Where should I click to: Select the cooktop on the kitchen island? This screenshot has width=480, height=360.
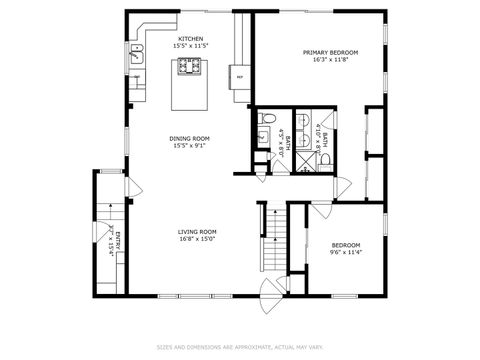189,67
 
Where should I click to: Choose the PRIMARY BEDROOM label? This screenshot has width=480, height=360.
330,52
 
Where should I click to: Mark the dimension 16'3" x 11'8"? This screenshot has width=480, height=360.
330,60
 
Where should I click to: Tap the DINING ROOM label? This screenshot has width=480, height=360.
189,138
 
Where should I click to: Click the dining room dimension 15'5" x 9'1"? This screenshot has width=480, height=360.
189,147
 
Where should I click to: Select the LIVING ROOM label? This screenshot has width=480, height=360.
198,231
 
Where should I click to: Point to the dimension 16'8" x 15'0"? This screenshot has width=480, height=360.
198,239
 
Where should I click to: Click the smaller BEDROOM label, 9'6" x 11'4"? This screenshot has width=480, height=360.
346,245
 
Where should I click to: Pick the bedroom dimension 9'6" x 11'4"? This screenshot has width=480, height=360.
346,253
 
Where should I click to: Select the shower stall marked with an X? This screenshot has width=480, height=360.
314,160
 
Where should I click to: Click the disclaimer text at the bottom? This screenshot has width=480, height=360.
240,347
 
